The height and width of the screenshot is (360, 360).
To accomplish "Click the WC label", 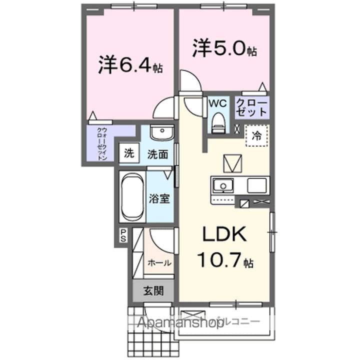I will pyautogui.click(x=217, y=103).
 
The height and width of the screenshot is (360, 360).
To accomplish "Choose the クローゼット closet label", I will pyautogui.click(x=252, y=107).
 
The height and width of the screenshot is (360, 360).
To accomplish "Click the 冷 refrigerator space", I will pyautogui.click(x=256, y=134).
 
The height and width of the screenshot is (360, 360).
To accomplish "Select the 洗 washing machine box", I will pyautogui.click(x=129, y=154).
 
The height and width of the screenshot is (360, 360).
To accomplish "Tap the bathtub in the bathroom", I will pyautogui.click(x=132, y=197).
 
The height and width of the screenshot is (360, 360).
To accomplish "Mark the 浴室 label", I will pyautogui.click(x=159, y=198).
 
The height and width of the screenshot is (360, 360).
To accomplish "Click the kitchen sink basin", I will pyautogui.click(x=222, y=186).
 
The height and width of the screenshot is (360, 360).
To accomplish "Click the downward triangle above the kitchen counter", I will pyautogui.click(x=232, y=163).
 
